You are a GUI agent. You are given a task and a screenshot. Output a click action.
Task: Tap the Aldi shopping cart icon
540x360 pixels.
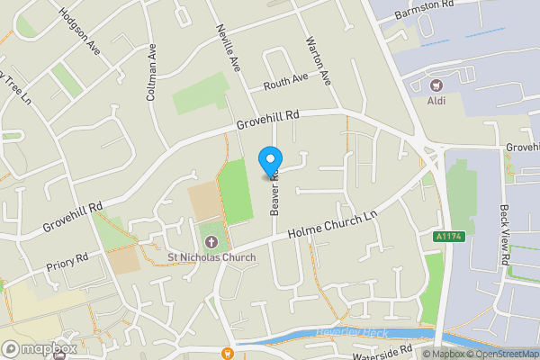[x=438, y=85]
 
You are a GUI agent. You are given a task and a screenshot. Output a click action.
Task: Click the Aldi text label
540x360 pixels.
[x=438, y=102]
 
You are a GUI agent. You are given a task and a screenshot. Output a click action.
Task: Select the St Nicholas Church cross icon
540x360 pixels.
[x=211, y=242]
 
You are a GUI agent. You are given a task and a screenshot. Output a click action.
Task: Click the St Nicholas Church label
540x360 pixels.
[x=211, y=257]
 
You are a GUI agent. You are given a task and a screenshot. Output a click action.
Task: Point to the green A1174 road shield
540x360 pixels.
[x=438, y=236]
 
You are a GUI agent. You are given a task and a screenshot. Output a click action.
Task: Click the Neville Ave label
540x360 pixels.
[x=230, y=49]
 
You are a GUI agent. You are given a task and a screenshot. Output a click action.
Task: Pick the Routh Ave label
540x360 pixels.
[x=285, y=82]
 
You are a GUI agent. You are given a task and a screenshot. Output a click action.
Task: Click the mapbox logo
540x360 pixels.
[x=39, y=348]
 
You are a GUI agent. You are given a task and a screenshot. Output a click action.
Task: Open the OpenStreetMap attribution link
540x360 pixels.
[x=499, y=354]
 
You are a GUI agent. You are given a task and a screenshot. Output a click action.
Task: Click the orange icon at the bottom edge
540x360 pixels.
[x=229, y=353]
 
